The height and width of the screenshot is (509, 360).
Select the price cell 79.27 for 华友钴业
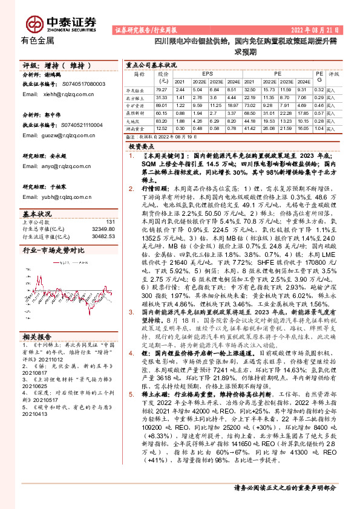(x=162, y=89)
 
